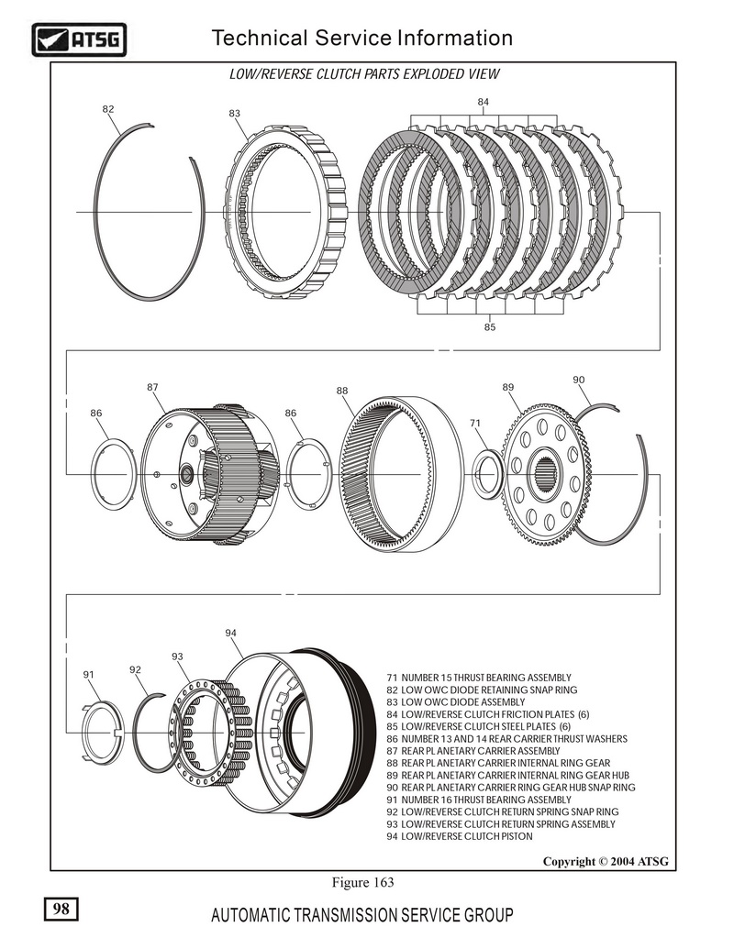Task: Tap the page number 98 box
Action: pyautogui.click(x=61, y=909)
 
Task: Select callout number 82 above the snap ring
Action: pyautogui.click(x=108, y=109)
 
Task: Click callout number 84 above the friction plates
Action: pyautogui.click(x=484, y=101)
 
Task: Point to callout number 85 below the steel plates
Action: pyautogui.click(x=490, y=326)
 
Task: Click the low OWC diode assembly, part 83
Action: pyautogui.click(x=286, y=212)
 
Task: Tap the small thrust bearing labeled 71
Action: pyautogui.click(x=487, y=474)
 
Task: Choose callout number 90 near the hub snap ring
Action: pyautogui.click(x=578, y=380)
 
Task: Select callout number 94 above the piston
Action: pyautogui.click(x=230, y=634)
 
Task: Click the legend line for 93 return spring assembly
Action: pyautogui.click(x=507, y=824)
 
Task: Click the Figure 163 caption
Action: pyautogui.click(x=362, y=883)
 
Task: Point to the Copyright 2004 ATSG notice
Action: pyautogui.click(x=606, y=861)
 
